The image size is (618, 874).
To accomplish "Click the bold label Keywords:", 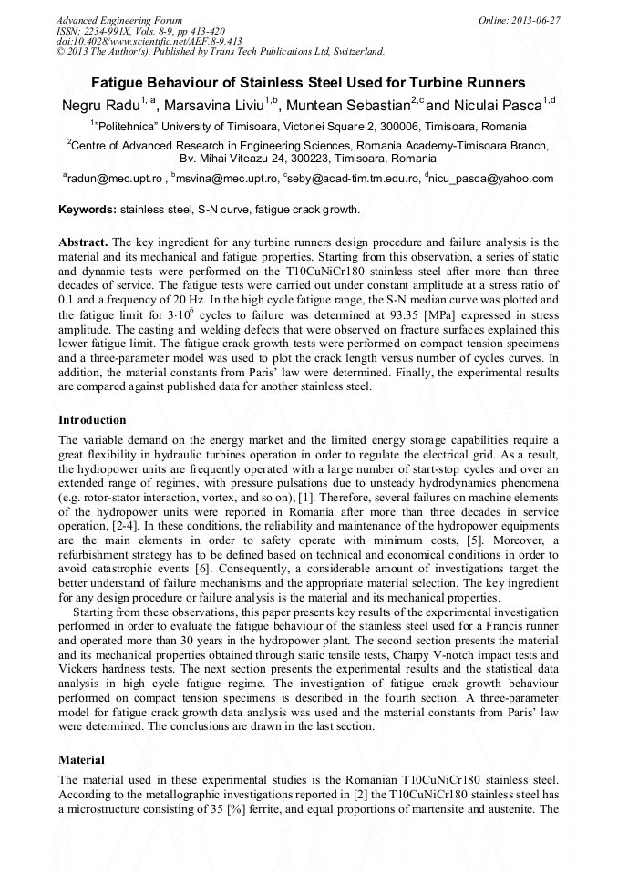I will [x=88, y=210].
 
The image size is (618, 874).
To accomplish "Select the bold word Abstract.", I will [x=83, y=244].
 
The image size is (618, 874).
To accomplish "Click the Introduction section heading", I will [x=92, y=420].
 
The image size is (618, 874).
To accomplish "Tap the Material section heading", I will [x=81, y=759].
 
